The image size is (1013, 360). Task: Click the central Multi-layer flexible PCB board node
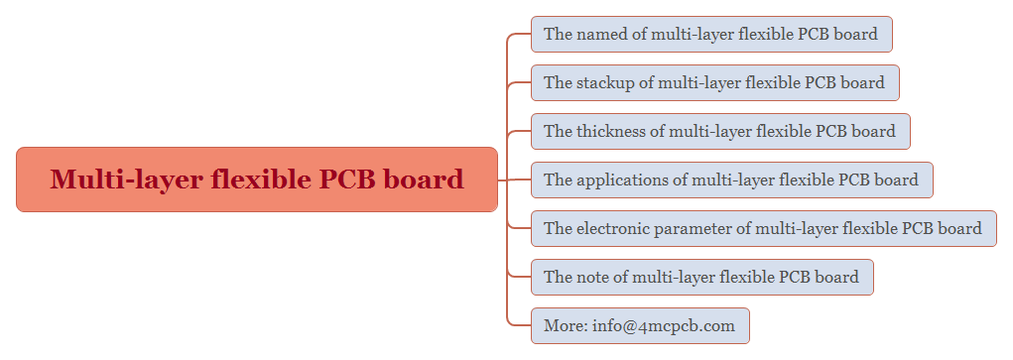click(256, 180)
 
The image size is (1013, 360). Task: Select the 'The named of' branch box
click(711, 34)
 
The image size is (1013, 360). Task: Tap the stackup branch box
click(714, 82)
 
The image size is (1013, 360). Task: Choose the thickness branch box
click(720, 131)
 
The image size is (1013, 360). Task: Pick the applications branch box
click(731, 180)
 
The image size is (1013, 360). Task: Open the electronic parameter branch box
click(763, 228)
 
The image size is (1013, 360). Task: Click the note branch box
click(701, 277)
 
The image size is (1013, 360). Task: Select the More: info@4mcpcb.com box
click(639, 325)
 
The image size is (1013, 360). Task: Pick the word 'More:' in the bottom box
click(565, 325)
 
